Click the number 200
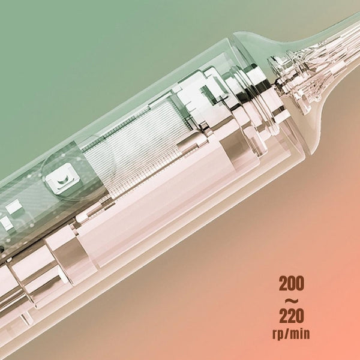(292, 284)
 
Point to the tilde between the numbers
(292, 300)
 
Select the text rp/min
(291, 334)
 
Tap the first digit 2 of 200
(283, 284)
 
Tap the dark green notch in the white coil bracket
(208, 94)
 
